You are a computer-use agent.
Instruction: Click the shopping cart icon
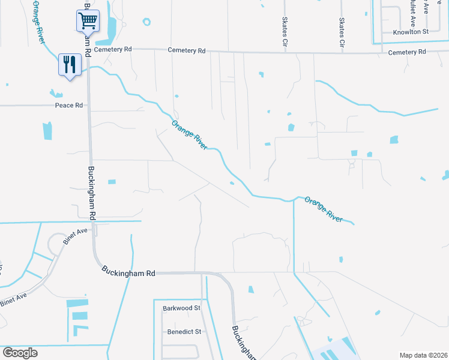point(88,22)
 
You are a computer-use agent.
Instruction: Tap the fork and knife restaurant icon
point(70,64)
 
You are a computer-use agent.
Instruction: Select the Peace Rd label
point(68,106)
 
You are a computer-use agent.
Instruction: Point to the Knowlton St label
point(410,32)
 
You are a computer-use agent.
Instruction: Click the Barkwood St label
point(181,308)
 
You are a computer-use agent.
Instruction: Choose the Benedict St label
point(182,332)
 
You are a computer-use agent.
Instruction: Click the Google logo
point(20,353)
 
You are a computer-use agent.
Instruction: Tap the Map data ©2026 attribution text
point(423,355)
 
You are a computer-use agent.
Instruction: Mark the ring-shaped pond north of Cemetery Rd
point(146,22)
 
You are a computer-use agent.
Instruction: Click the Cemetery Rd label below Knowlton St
point(406,53)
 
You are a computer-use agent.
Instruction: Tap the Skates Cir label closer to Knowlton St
point(342,32)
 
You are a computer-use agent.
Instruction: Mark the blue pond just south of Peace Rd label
point(47,131)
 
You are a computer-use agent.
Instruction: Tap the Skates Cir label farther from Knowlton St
point(285,31)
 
